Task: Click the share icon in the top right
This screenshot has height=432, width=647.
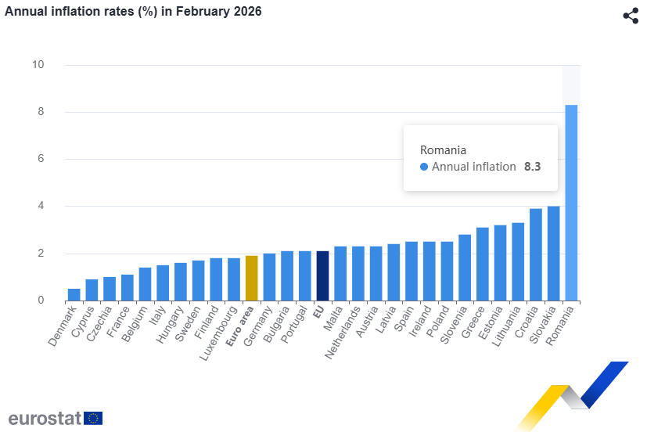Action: coord(631,16)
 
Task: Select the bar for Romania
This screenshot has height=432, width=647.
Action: coord(571,203)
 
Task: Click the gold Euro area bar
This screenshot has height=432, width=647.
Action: coord(251,279)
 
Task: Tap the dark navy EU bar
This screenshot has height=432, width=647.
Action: coord(322,276)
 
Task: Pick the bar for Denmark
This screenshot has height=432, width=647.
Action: coord(74,295)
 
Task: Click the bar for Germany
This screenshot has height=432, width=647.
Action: coord(269,277)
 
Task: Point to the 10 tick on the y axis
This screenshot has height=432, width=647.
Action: coord(38,65)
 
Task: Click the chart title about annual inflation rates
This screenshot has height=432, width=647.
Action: coord(134,12)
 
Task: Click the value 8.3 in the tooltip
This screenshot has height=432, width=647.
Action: coord(533,167)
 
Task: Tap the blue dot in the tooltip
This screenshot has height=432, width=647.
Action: coord(424,167)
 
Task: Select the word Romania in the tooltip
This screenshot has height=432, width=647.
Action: coord(443,150)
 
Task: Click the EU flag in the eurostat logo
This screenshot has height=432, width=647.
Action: coord(93,418)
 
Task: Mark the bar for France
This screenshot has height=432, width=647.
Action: coord(127,288)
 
